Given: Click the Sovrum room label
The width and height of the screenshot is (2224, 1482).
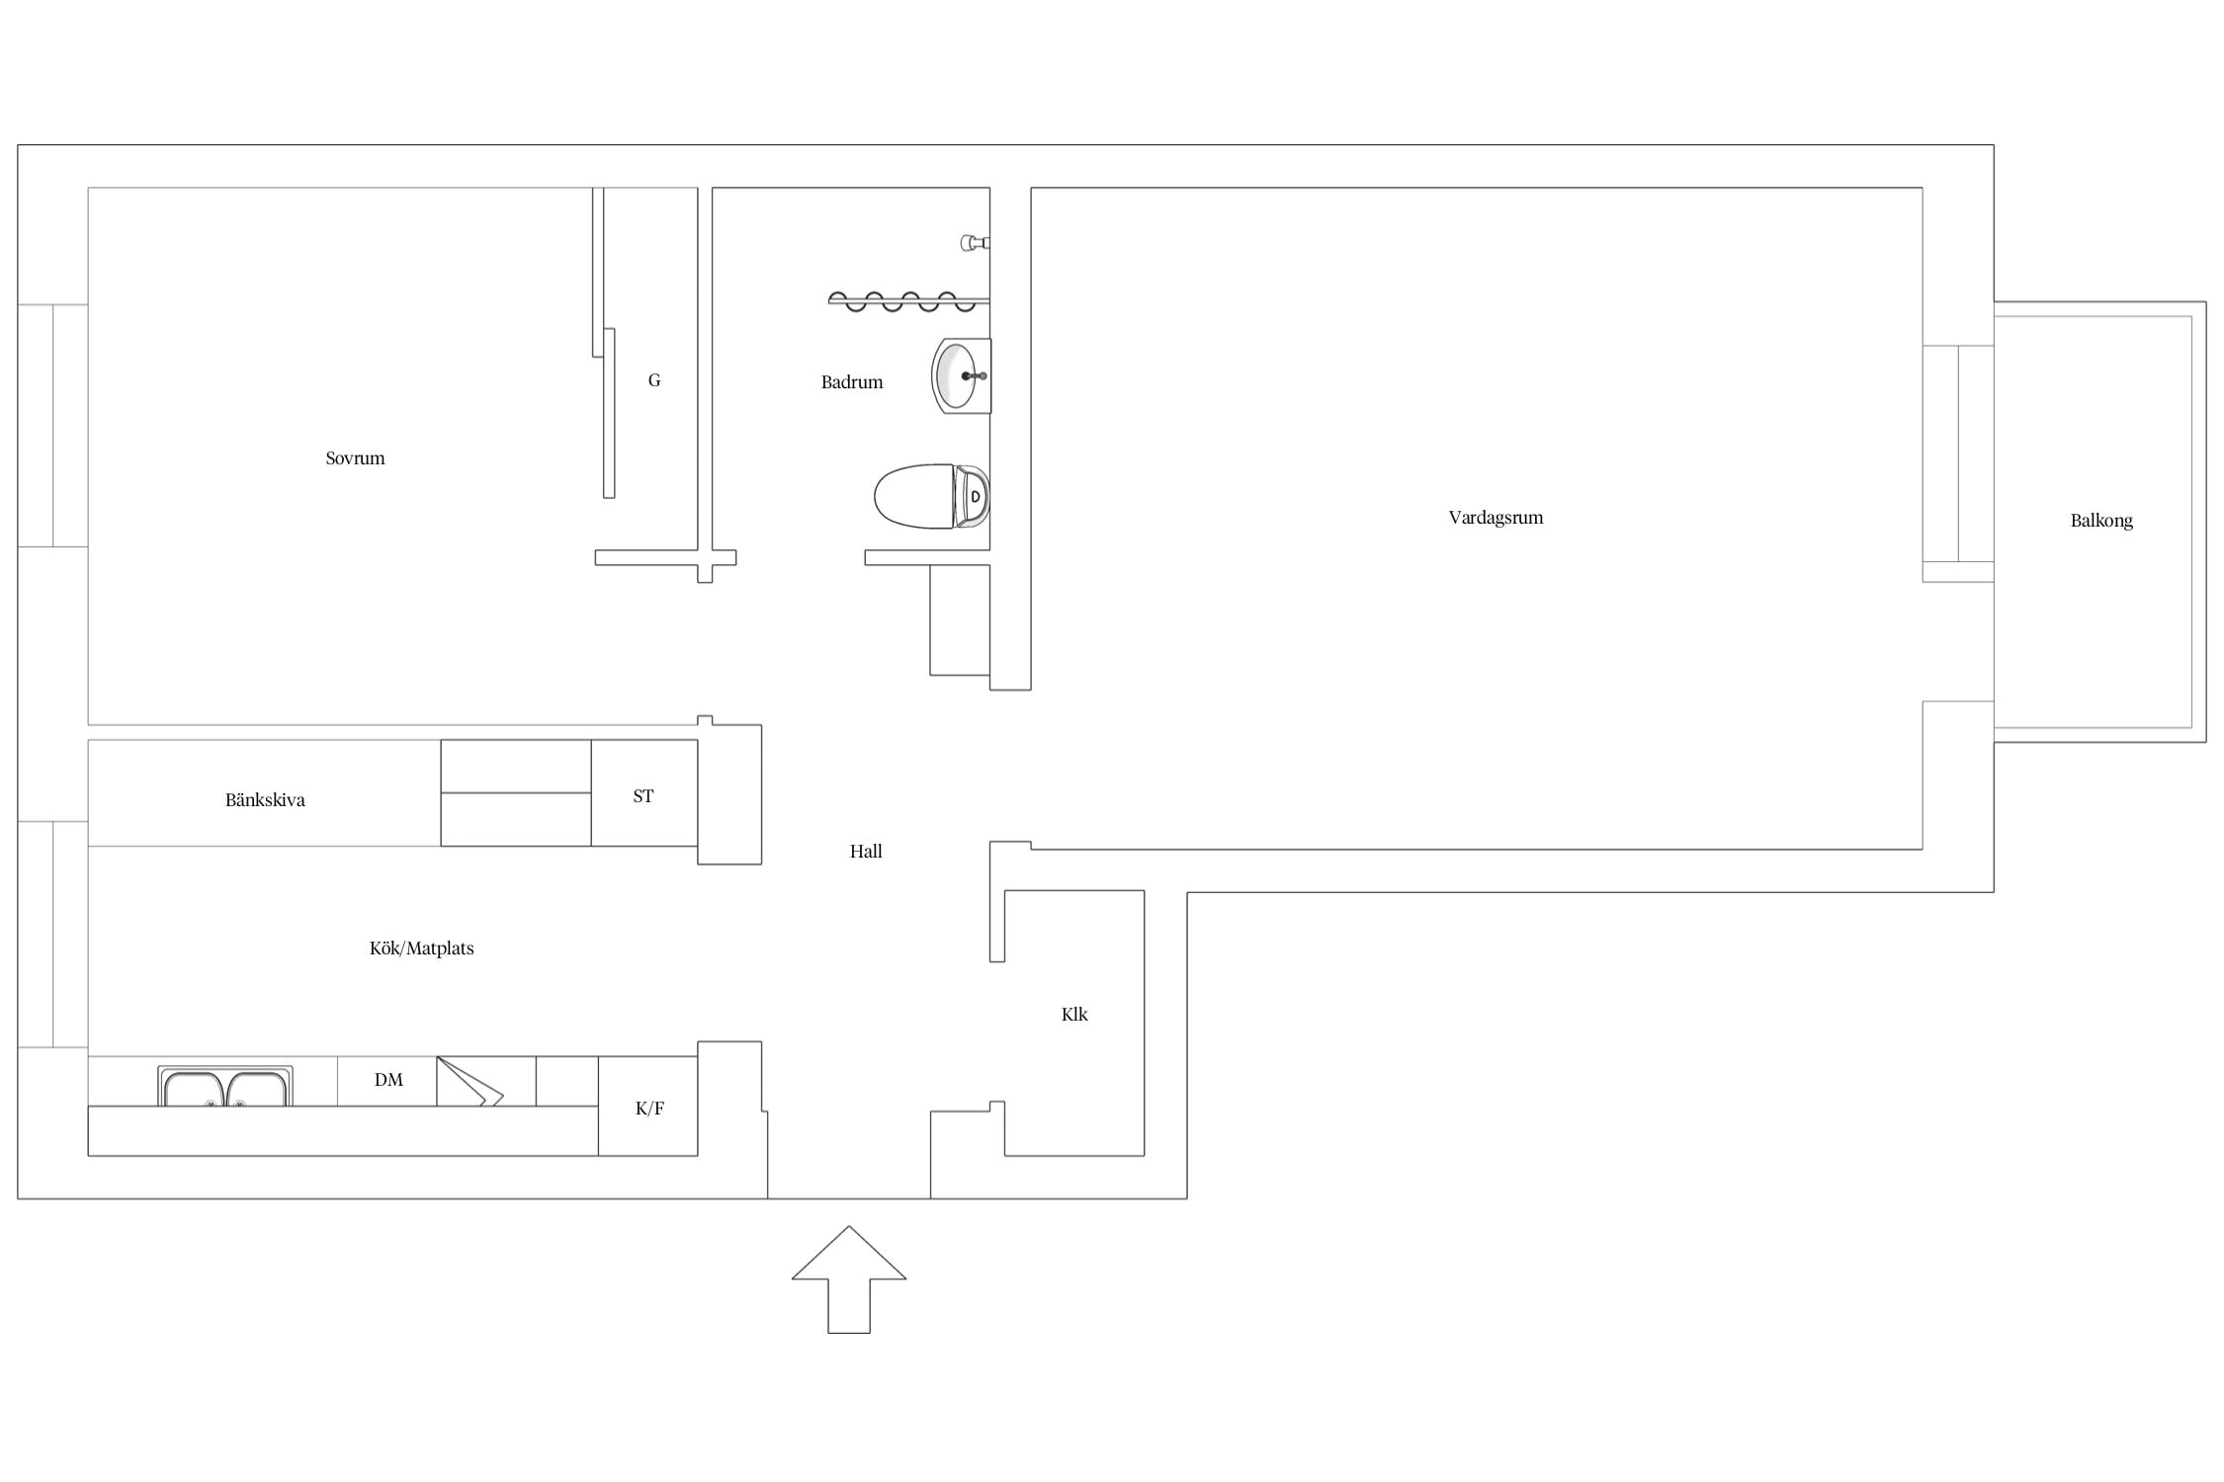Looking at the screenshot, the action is pyautogui.click(x=355, y=458).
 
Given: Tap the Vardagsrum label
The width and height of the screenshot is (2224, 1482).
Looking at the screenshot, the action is pyautogui.click(x=1496, y=518).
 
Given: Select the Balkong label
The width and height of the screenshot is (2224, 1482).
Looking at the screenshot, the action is pyautogui.click(x=2101, y=521).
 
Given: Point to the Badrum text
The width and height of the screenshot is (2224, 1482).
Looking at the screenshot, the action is pyautogui.click(x=852, y=382).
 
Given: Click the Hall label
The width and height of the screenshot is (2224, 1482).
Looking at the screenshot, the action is pyautogui.click(x=866, y=852).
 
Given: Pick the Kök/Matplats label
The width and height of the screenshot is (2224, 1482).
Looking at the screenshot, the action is pyautogui.click(x=422, y=948).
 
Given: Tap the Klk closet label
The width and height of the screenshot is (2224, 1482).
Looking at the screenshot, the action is pyautogui.click(x=1074, y=1015).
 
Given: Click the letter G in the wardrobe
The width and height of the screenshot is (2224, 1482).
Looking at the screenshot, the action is pyautogui.click(x=654, y=380).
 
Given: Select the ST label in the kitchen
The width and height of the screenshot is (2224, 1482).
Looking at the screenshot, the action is pyautogui.click(x=643, y=796).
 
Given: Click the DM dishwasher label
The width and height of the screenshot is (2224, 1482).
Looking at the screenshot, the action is pyautogui.click(x=388, y=1080).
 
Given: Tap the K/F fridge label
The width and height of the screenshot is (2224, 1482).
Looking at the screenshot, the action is pyautogui.click(x=649, y=1109).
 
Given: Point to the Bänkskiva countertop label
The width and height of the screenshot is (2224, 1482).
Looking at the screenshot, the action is pyautogui.click(x=265, y=800).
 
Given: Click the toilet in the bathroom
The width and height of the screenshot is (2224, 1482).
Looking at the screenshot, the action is pyautogui.click(x=932, y=496).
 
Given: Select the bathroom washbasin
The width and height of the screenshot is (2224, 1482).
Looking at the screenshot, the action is pyautogui.click(x=961, y=375).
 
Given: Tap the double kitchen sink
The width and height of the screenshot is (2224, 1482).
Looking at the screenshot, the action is pyautogui.click(x=225, y=1087).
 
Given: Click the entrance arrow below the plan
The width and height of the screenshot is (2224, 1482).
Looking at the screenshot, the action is pyautogui.click(x=849, y=1279).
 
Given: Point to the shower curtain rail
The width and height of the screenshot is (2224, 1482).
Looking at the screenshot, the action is pyautogui.click(x=908, y=301).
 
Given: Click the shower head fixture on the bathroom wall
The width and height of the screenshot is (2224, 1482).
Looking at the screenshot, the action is pyautogui.click(x=975, y=242).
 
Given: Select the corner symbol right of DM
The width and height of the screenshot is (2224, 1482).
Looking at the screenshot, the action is pyautogui.click(x=470, y=1081).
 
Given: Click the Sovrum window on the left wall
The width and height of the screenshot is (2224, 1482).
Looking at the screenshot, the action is pyautogui.click(x=53, y=425).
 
